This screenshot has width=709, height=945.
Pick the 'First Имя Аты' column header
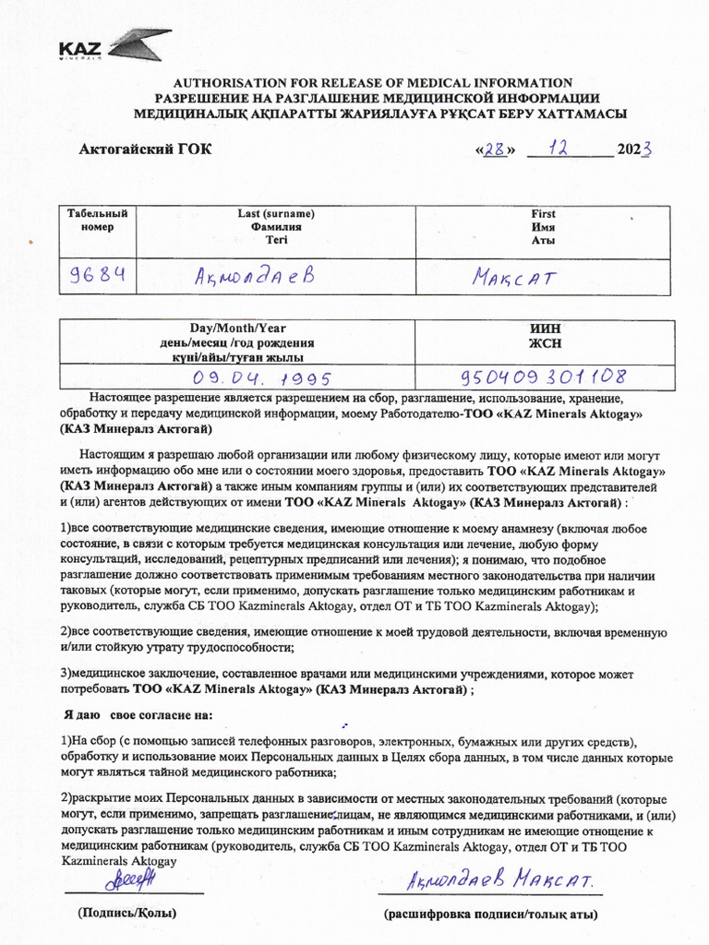point(543,226)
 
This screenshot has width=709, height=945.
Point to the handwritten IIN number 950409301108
point(544,377)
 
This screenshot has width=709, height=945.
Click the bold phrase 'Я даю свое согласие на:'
point(138,714)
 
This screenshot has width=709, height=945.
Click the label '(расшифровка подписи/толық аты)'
point(490,915)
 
